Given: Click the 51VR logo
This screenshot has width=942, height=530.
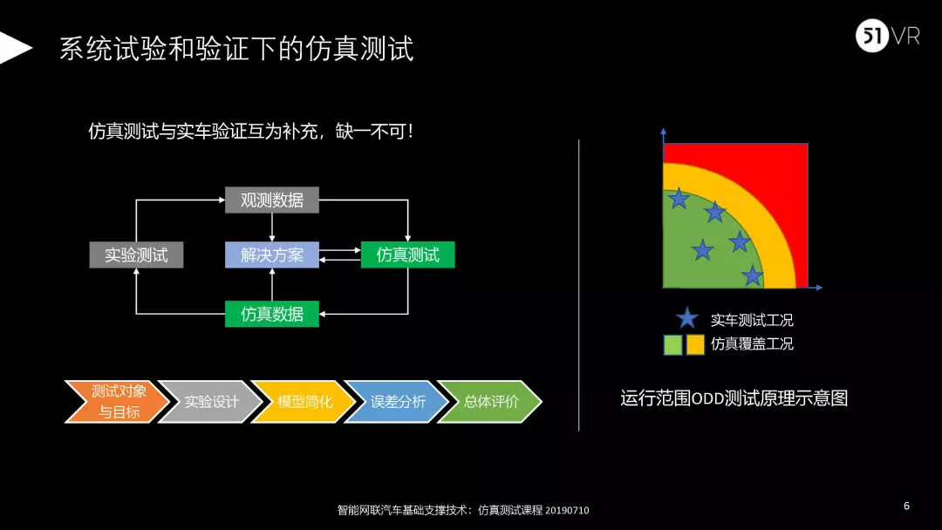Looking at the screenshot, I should [886, 37].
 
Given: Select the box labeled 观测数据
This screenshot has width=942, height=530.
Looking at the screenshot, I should [272, 200].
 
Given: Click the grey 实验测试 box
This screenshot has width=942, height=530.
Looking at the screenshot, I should [136, 255].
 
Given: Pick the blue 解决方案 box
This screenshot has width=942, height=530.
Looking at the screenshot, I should [272, 255].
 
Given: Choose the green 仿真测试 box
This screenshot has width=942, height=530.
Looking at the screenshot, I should [407, 255].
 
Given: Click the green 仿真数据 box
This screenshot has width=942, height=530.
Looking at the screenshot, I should [272, 314].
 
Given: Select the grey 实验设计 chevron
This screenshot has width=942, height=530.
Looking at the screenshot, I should [209, 402].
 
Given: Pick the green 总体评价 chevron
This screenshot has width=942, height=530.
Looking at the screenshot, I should [489, 402].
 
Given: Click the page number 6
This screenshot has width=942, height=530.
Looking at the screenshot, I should [906, 506].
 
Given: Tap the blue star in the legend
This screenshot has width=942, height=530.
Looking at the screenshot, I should [687, 319].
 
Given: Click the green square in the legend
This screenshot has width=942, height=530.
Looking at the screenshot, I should [672, 344].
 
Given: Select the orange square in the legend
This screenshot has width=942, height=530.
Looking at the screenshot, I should [695, 344].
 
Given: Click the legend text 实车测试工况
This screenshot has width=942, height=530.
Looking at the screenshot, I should [752, 320].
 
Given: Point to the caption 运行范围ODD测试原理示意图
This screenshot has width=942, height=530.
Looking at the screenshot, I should [734, 398].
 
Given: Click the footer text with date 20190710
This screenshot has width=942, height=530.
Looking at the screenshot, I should [462, 510].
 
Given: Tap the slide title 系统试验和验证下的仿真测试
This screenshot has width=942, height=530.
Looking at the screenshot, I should [236, 49].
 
